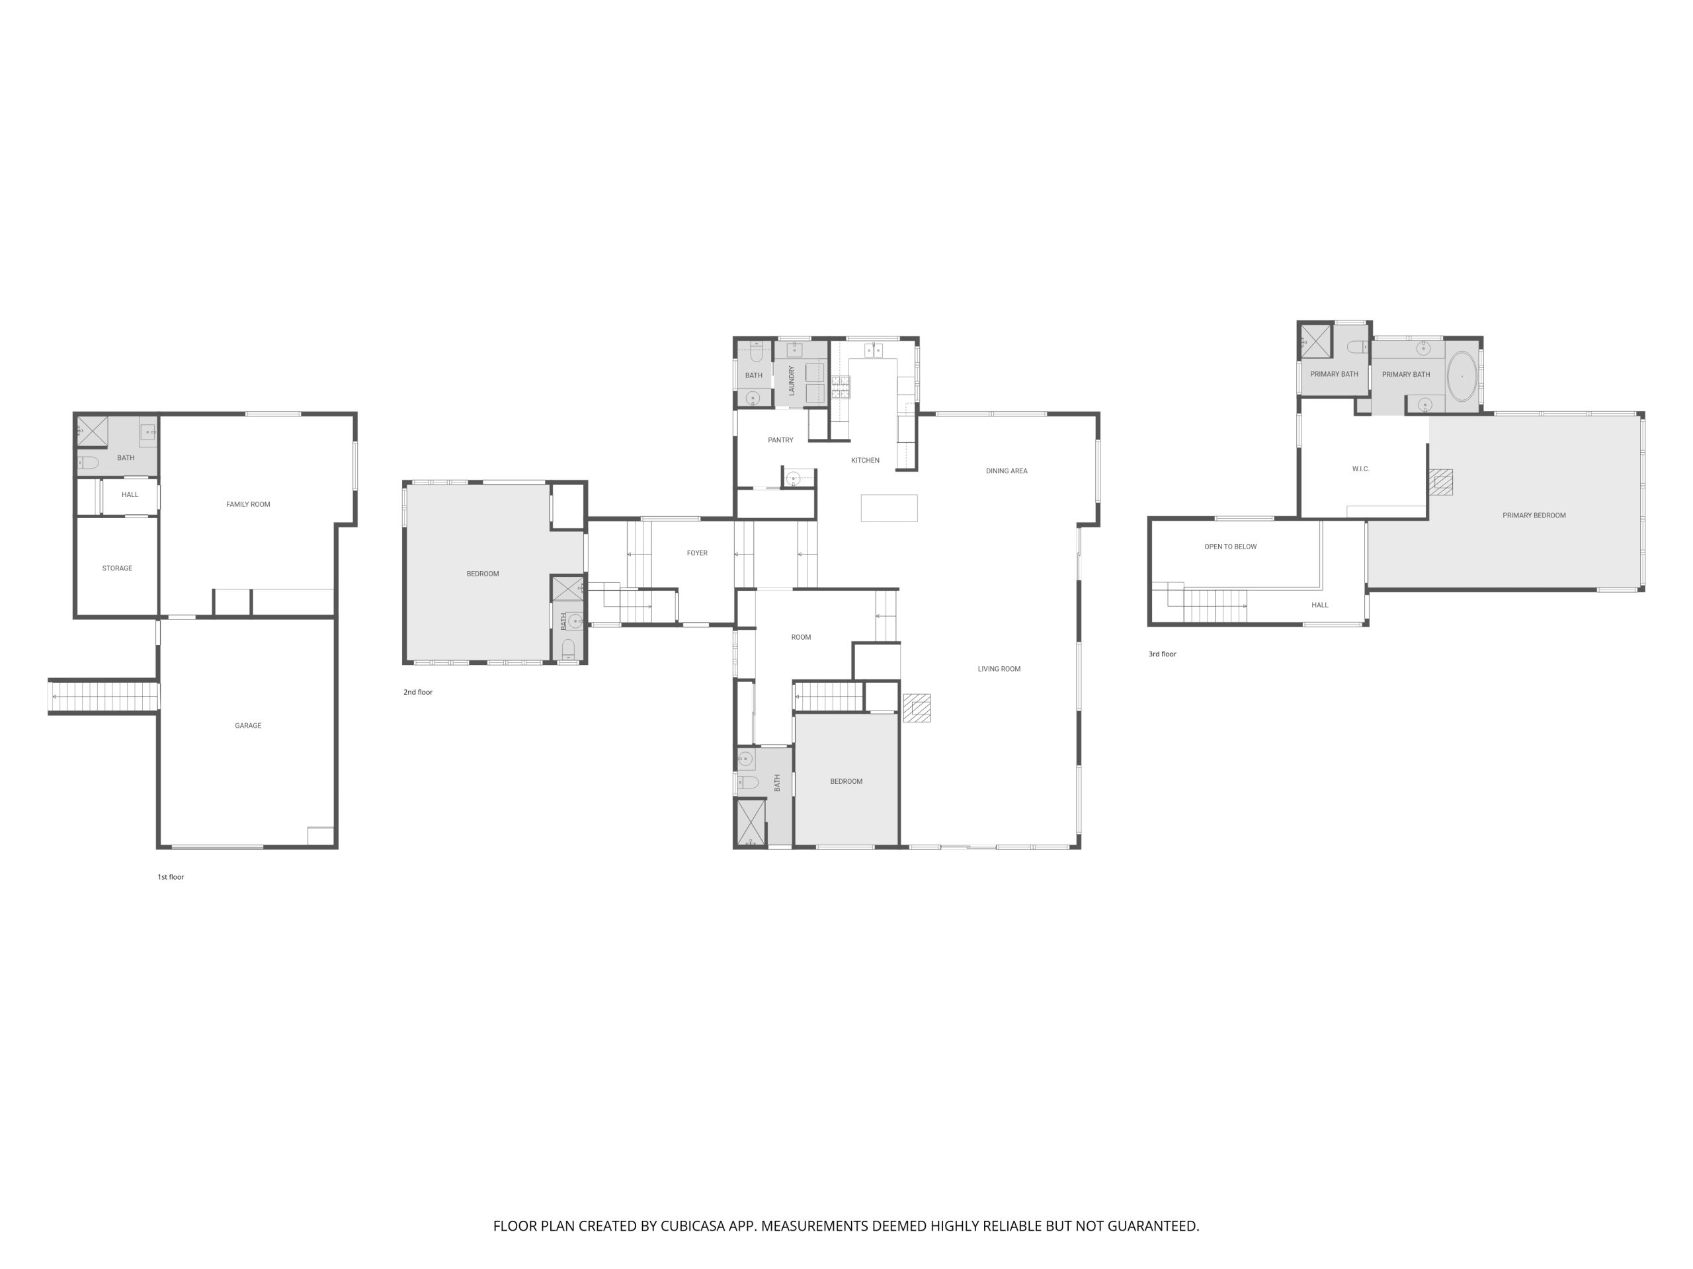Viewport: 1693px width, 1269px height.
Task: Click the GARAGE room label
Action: (x=248, y=725)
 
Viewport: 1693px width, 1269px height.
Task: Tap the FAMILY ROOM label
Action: (x=248, y=504)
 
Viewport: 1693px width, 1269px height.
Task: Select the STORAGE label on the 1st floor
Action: (x=117, y=568)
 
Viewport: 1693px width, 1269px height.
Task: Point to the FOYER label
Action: (x=697, y=553)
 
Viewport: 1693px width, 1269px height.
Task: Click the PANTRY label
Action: (x=780, y=440)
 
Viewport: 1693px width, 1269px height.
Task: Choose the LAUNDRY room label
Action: (x=792, y=380)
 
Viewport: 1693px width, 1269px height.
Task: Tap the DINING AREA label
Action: (x=1007, y=471)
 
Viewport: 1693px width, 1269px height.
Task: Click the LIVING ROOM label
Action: (x=999, y=670)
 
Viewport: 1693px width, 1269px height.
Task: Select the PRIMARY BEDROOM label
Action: (x=1534, y=516)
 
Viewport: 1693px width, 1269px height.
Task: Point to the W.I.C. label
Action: (x=1361, y=469)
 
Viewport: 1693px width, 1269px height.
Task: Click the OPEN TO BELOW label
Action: (x=1231, y=547)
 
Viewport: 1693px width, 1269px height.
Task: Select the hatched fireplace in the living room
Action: (x=917, y=708)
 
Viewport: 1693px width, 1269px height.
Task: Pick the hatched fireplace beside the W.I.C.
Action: (x=1440, y=482)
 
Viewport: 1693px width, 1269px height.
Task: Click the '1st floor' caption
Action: (x=171, y=877)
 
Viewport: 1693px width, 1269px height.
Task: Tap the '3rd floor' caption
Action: (x=1163, y=654)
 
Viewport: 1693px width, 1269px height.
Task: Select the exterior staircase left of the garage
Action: (x=104, y=697)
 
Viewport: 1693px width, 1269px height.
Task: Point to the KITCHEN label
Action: (x=866, y=461)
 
